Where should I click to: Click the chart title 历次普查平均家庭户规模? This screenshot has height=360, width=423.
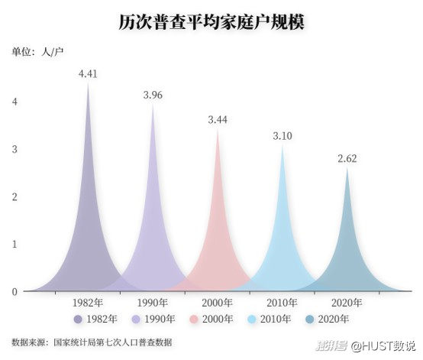pyautogui.click(x=211, y=22)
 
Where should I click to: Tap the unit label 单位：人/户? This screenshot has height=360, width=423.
pyautogui.click(x=37, y=51)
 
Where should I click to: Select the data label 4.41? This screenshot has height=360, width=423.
pyautogui.click(x=88, y=73)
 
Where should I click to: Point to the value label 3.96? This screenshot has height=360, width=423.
pyautogui.click(x=153, y=95)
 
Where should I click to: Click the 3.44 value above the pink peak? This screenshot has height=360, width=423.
pyautogui.click(x=218, y=120)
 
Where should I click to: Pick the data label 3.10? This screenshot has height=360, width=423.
pyautogui.click(x=283, y=136)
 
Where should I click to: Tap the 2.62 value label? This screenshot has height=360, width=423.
pyautogui.click(x=347, y=158)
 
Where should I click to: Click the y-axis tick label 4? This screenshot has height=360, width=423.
pyautogui.click(x=15, y=102)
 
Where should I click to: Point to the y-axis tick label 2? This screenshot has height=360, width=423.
pyautogui.click(x=15, y=196)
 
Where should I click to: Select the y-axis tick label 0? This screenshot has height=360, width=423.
pyautogui.click(x=15, y=292)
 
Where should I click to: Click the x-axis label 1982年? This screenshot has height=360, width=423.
pyautogui.click(x=88, y=303)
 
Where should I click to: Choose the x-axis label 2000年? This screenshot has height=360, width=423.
pyautogui.click(x=218, y=303)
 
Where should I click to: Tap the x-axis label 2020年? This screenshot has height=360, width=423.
pyautogui.click(x=347, y=303)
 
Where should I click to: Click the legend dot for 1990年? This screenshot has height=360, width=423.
pyautogui.click(x=136, y=319)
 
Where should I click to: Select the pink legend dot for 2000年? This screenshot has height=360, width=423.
pyautogui.click(x=194, y=319)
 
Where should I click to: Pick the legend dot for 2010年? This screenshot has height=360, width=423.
pyautogui.click(x=252, y=319)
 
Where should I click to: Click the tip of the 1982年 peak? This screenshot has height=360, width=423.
pyautogui.click(x=88, y=83)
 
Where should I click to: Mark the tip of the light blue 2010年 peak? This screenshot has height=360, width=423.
pyautogui.click(x=283, y=144)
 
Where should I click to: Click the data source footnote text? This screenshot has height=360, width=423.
pyautogui.click(x=92, y=342)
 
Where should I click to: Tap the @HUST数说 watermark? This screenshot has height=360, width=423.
pyautogui.click(x=383, y=345)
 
